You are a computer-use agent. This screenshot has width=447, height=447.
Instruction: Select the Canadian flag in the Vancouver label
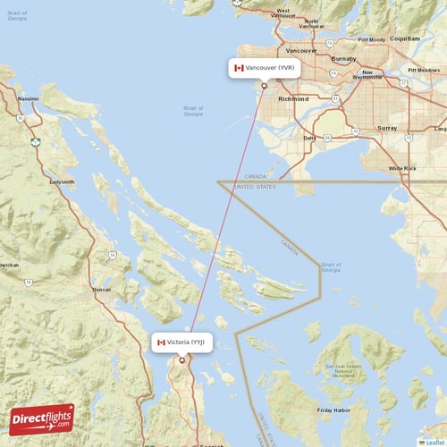(239, 68)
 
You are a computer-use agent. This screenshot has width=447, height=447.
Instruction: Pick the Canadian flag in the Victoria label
(161, 342)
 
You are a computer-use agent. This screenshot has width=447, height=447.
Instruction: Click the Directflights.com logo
(42, 418)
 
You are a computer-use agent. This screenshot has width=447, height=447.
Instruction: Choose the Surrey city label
(387, 128)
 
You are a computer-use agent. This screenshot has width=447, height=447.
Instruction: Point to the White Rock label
(402, 168)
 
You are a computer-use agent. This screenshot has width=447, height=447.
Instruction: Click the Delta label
(309, 138)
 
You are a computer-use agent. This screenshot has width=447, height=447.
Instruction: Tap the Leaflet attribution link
(433, 442)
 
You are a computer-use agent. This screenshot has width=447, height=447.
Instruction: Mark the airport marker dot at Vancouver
(263, 86)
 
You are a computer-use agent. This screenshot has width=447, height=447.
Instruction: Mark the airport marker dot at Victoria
(181, 360)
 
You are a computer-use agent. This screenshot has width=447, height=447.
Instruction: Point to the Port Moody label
(371, 40)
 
